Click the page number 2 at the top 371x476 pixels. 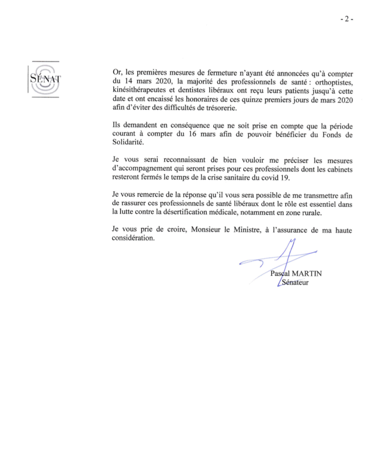click(x=347, y=19)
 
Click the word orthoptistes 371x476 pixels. click(x=334, y=82)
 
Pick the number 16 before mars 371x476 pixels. click(x=192, y=134)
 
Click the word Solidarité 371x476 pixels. click(x=128, y=142)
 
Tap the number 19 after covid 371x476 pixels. click(x=285, y=178)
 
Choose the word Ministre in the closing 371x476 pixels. click(x=247, y=230)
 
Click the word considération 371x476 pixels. click(x=133, y=238)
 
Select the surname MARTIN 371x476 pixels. click(x=307, y=273)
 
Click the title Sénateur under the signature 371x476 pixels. click(x=295, y=282)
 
